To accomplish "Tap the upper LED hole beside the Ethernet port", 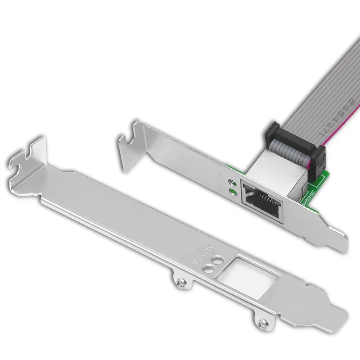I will [x=232, y=182].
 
